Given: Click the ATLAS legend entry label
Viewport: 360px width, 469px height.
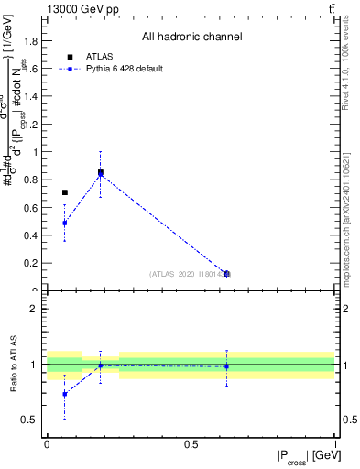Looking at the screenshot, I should [99, 56].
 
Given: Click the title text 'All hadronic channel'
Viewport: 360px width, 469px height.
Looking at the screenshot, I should [191, 38].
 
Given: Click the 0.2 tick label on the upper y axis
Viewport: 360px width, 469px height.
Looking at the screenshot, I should [34, 263].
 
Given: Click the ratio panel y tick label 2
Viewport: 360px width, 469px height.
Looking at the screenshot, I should [34, 309].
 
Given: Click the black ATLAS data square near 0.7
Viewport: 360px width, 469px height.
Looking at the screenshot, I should [64, 192].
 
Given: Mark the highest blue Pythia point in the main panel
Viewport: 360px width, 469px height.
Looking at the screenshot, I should [100, 175].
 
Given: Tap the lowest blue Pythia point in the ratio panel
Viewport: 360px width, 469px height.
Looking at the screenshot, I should [64, 394].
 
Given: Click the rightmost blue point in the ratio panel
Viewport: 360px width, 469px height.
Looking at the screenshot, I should [226, 366].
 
